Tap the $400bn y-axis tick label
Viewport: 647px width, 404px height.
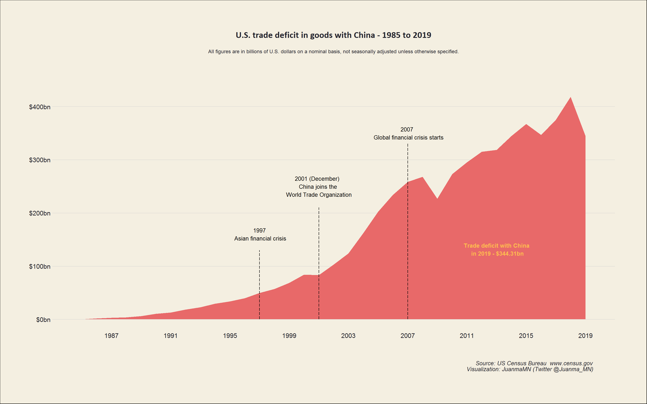[40, 107]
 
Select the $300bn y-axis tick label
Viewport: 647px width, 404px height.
[40, 160]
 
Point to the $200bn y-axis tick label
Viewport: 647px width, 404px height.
[40, 213]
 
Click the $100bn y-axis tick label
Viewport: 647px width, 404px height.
[40, 266]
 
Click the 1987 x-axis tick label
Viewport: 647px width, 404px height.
[111, 336]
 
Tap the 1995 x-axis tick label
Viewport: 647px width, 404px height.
[230, 336]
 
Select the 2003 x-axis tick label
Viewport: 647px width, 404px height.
[348, 336]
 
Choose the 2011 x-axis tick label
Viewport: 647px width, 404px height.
[467, 336]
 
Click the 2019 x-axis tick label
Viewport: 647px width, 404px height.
[585, 336]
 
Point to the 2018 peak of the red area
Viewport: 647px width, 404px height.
[571, 98]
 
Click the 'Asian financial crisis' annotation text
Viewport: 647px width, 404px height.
[260, 239]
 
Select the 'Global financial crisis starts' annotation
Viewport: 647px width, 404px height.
[408, 138]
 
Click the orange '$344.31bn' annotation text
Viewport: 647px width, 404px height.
[510, 254]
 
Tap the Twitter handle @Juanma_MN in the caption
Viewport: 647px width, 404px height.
[573, 369]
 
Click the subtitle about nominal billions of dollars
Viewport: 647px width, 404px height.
[333, 52]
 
